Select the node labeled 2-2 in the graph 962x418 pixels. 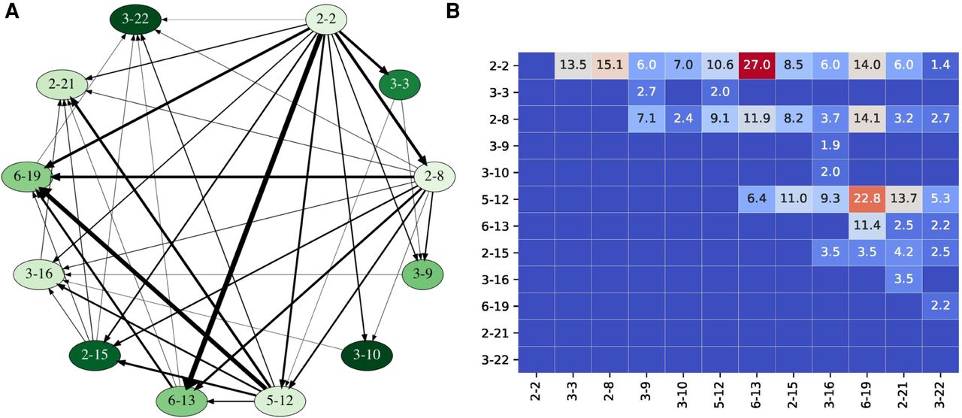tap(325, 19)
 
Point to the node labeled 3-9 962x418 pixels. tap(423, 271)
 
